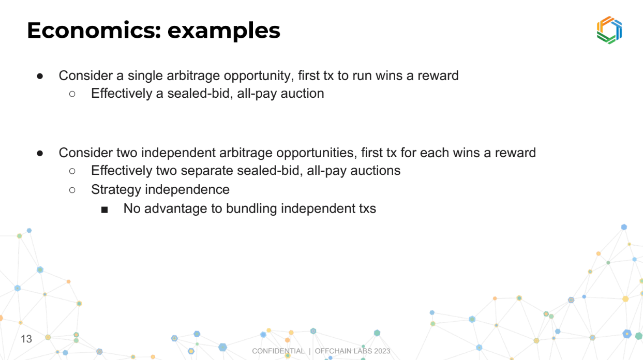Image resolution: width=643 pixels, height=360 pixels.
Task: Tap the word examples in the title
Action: coord(223,32)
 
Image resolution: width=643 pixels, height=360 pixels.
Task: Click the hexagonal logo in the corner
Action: coord(609,30)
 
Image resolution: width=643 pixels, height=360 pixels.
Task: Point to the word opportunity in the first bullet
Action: coord(259,77)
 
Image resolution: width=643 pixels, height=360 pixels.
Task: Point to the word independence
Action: coord(187,189)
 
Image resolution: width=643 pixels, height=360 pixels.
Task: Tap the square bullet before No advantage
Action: coord(104,210)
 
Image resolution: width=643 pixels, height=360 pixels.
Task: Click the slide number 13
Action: coord(26,339)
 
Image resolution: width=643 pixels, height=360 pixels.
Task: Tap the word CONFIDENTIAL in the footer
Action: coord(278,351)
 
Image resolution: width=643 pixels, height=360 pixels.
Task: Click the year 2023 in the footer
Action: coord(382,351)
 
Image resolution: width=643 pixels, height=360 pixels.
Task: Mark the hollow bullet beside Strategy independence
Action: coord(72,190)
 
